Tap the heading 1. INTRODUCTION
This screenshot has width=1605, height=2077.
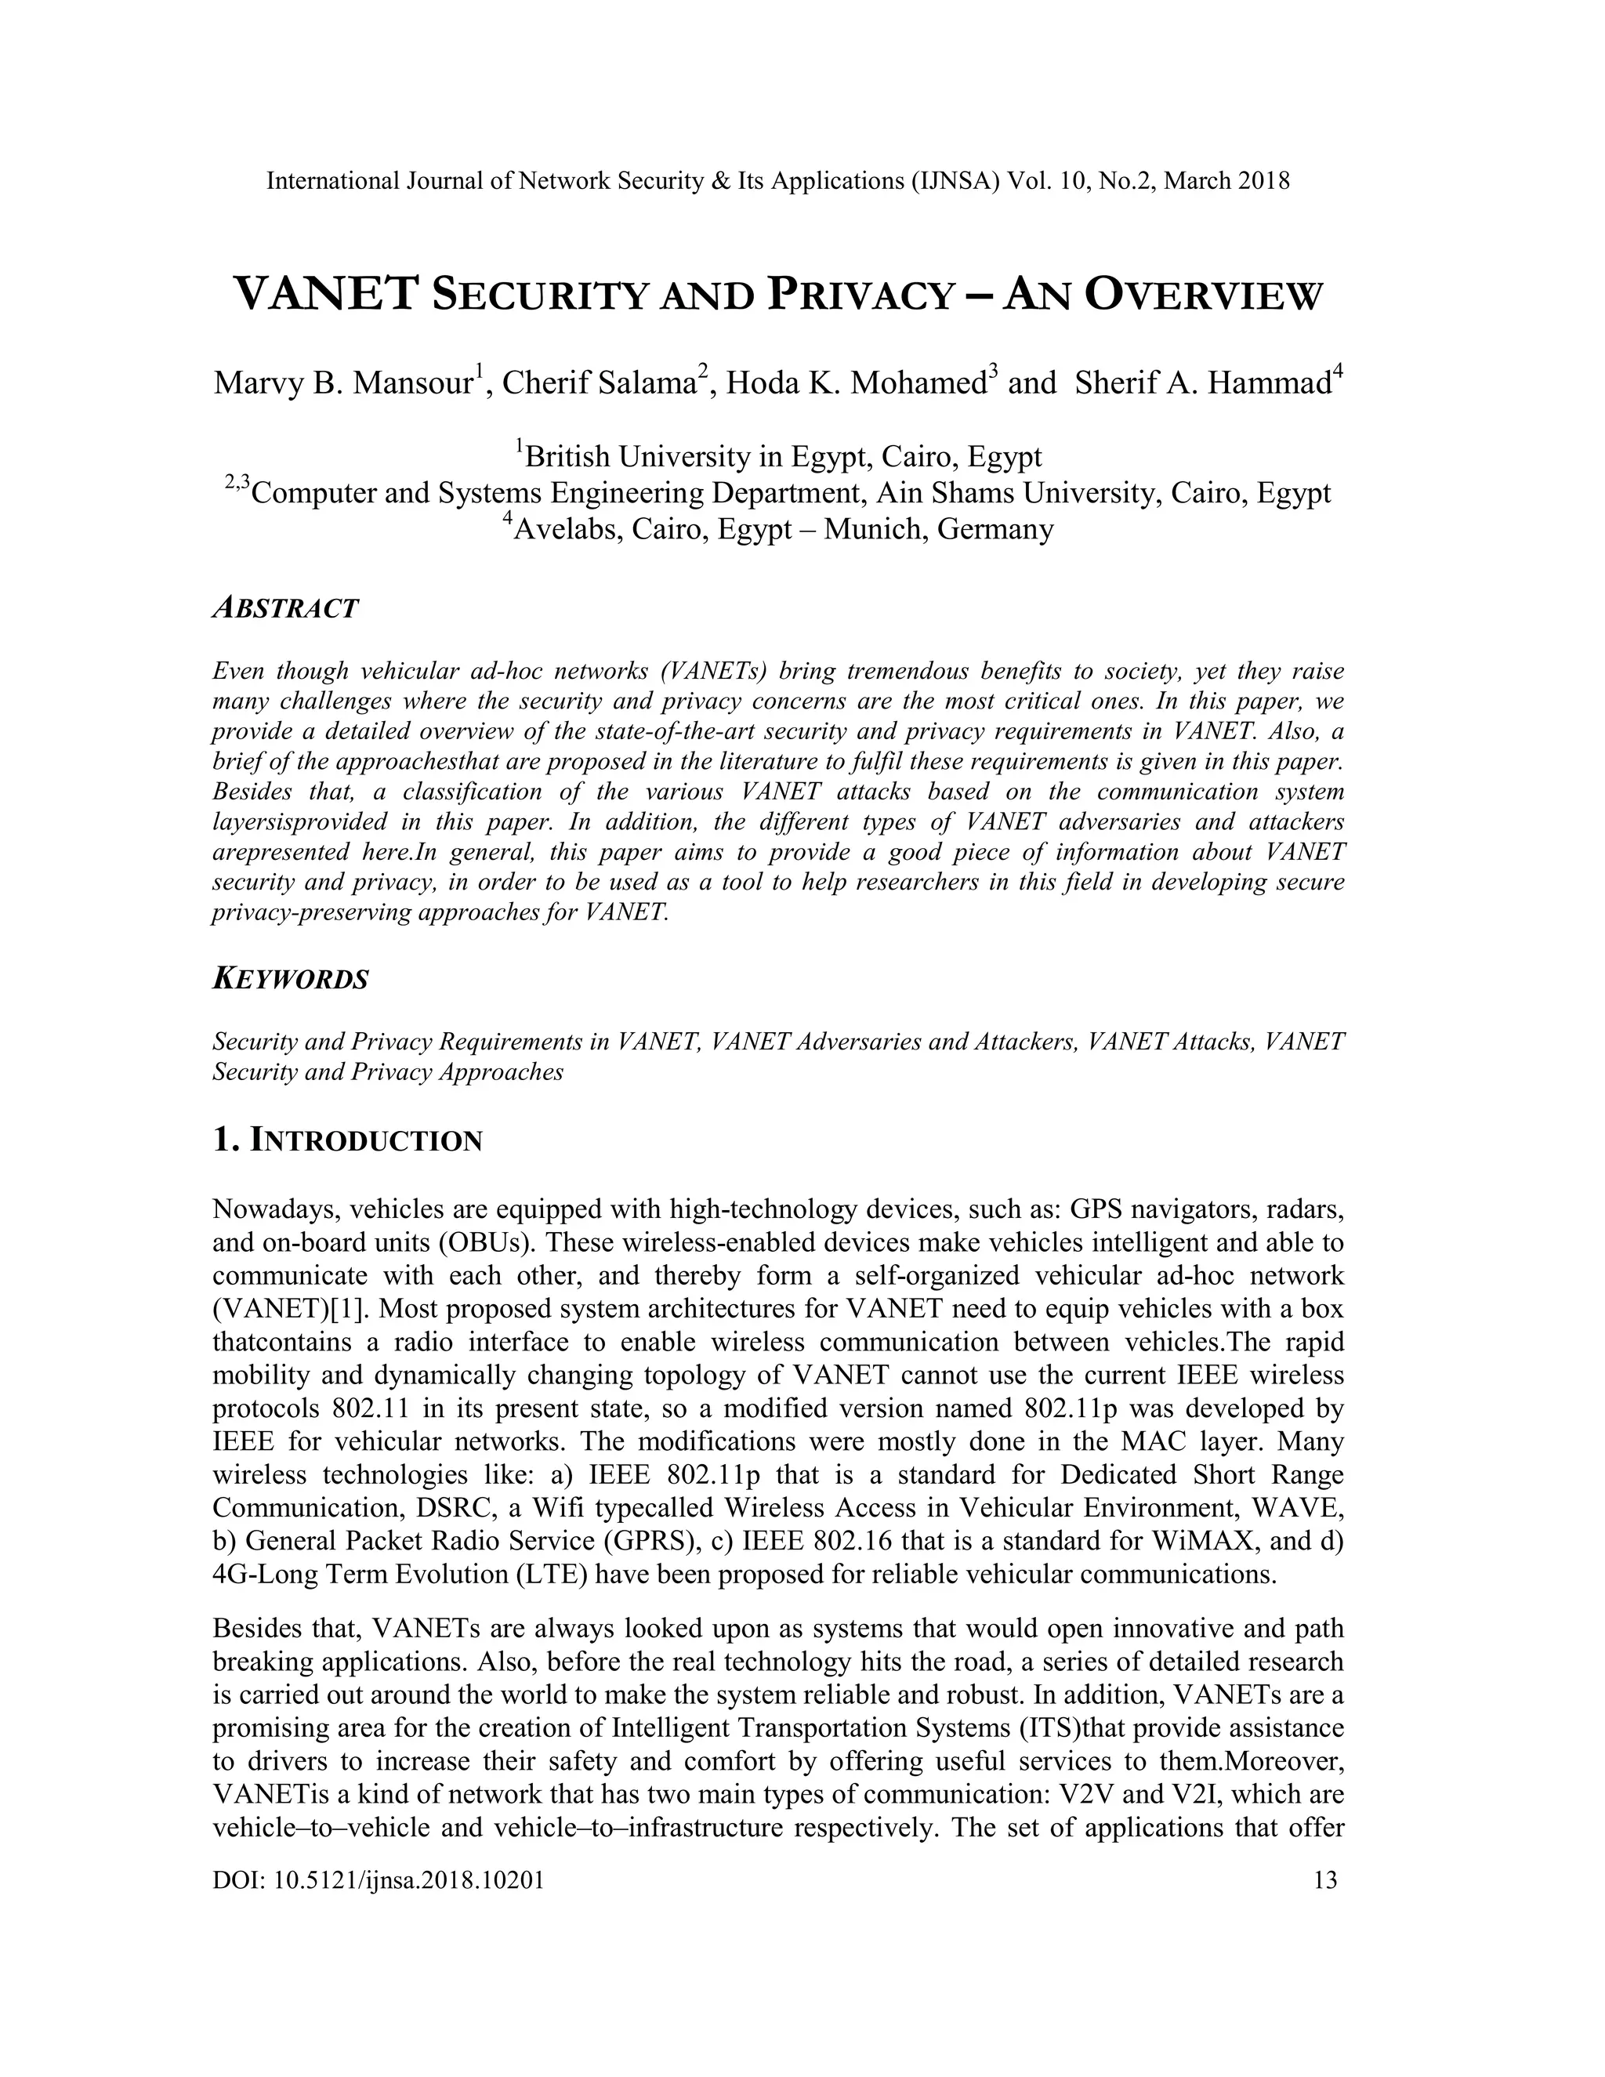(348, 1140)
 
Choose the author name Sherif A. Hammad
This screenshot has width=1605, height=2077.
(1204, 383)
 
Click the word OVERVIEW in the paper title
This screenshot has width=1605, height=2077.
(1203, 295)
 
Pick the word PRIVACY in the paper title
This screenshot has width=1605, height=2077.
(860, 295)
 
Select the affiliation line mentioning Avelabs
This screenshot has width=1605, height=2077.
(780, 529)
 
